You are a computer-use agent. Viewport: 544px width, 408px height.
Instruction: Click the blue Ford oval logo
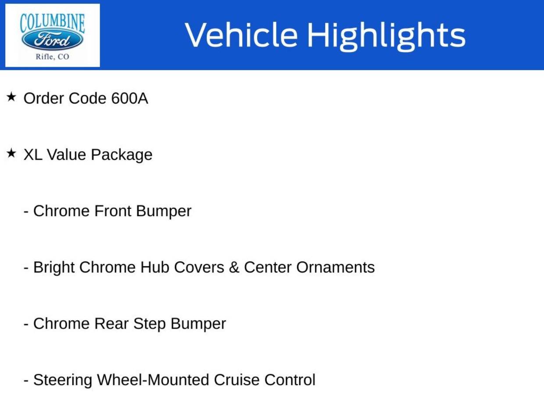(52, 40)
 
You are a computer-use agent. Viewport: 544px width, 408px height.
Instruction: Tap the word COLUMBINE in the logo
(52, 24)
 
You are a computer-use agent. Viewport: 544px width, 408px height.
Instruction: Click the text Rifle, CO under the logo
(52, 57)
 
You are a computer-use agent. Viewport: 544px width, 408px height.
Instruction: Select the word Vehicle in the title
(241, 35)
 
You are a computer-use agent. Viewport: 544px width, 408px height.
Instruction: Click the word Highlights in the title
(387, 37)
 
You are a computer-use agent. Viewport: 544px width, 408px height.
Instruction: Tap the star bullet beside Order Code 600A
(11, 97)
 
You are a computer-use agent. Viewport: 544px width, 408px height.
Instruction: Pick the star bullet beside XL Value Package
(11, 153)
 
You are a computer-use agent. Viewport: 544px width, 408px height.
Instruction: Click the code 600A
(129, 98)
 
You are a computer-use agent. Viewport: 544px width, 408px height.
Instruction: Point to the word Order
(44, 98)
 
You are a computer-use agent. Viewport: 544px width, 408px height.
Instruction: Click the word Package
(122, 155)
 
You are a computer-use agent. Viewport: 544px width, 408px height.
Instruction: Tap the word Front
(113, 211)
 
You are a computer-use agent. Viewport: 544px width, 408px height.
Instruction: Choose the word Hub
(155, 267)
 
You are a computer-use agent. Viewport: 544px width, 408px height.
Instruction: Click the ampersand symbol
(234, 267)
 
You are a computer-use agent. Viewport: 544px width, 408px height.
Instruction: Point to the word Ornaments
(336, 267)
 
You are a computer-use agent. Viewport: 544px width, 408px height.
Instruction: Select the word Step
(150, 324)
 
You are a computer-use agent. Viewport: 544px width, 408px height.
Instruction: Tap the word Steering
(62, 380)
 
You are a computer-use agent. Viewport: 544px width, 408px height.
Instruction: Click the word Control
(290, 380)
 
